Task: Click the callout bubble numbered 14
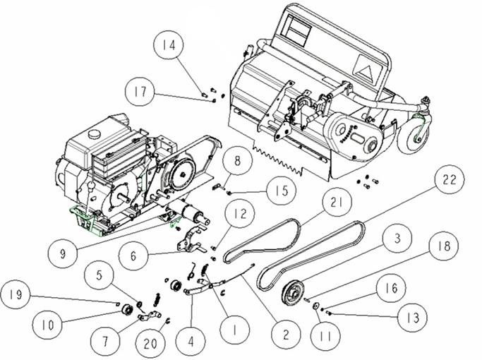[169, 45]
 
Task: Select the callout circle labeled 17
[140, 91]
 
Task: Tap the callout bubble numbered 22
[450, 179]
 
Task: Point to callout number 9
[63, 253]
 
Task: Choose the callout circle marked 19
[16, 295]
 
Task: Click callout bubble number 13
[412, 317]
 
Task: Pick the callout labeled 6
[133, 255]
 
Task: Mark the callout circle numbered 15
[282, 191]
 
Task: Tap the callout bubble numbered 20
[150, 344]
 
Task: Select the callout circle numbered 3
[397, 239]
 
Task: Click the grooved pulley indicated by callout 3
[292, 292]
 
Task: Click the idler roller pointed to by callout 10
[127, 308]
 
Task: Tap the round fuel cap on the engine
[93, 134]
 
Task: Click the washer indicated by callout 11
[315, 306]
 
